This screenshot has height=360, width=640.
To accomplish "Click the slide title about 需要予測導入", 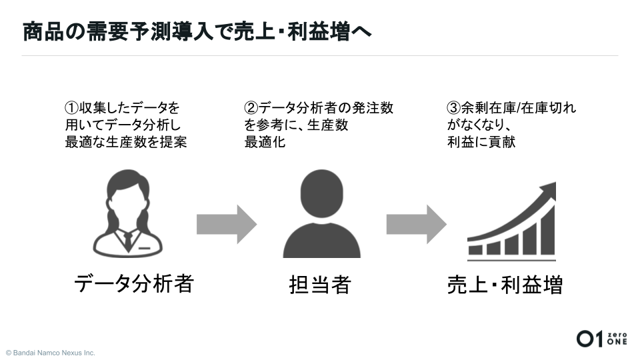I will point(197,31).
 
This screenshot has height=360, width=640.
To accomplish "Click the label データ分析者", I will point(133,283).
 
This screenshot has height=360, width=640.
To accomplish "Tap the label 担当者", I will point(320,285).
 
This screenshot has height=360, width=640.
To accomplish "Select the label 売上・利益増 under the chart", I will point(505,285).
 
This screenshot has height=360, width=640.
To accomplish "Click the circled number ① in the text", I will point(71,107).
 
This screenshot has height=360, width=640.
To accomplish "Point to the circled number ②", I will point(251,107).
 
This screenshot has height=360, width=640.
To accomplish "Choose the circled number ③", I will point(453,107).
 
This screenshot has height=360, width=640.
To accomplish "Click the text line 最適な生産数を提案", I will point(125,142).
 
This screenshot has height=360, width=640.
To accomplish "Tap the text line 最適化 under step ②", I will point(265,142).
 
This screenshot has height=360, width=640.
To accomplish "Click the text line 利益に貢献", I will point(481,142).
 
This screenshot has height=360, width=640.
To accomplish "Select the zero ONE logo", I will point(601,339).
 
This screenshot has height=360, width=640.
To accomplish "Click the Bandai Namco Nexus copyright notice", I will point(51,353).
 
